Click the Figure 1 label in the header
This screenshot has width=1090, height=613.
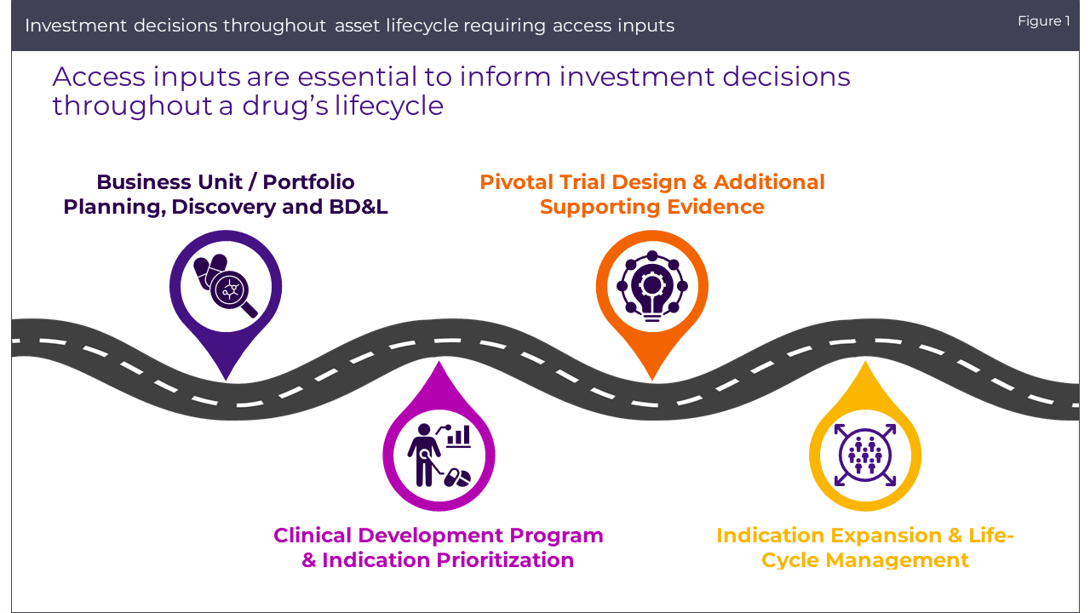tap(1043, 21)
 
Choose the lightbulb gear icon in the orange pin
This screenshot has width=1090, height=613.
tap(652, 286)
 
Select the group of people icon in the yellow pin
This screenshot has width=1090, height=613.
tap(865, 455)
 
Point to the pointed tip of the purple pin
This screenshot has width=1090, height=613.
tap(226, 378)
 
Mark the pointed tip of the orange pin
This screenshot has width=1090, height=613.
tap(651, 379)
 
